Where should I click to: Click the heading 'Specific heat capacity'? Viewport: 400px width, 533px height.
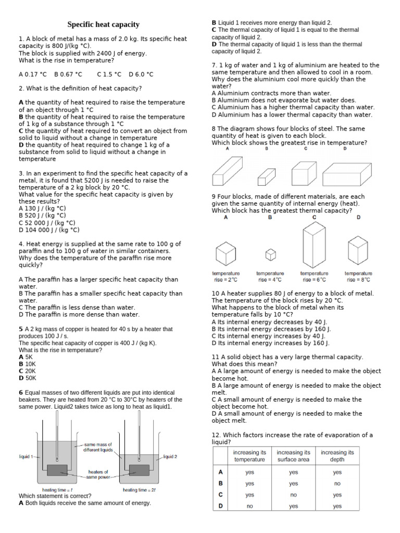(104, 24)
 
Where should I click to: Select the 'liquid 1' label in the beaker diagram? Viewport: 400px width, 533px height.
(26, 456)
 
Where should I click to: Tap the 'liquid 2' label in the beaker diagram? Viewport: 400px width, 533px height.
(170, 456)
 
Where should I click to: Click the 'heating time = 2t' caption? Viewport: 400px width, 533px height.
(139, 490)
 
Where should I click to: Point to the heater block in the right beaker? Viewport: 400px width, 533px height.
(140, 470)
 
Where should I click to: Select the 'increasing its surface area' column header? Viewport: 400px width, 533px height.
(293, 456)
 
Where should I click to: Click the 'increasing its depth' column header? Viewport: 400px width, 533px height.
(337, 456)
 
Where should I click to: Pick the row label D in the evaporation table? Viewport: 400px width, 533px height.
(221, 505)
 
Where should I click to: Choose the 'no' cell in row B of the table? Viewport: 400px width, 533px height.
(337, 484)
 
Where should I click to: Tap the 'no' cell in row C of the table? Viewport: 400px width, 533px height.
(293, 494)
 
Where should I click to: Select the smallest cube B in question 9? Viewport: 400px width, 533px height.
(270, 255)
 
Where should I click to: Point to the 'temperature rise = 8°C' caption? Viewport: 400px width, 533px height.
(358, 276)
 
